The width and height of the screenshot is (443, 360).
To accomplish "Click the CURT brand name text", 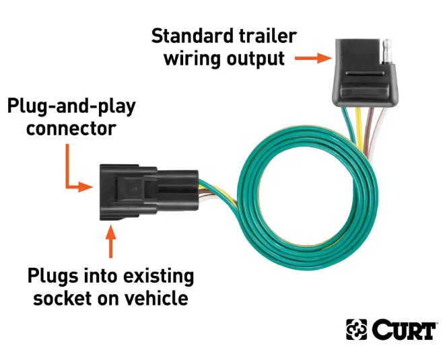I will (401, 330).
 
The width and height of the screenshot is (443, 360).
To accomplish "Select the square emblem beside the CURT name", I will (357, 330).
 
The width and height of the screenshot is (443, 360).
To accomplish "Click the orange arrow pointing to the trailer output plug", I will (314, 59).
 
